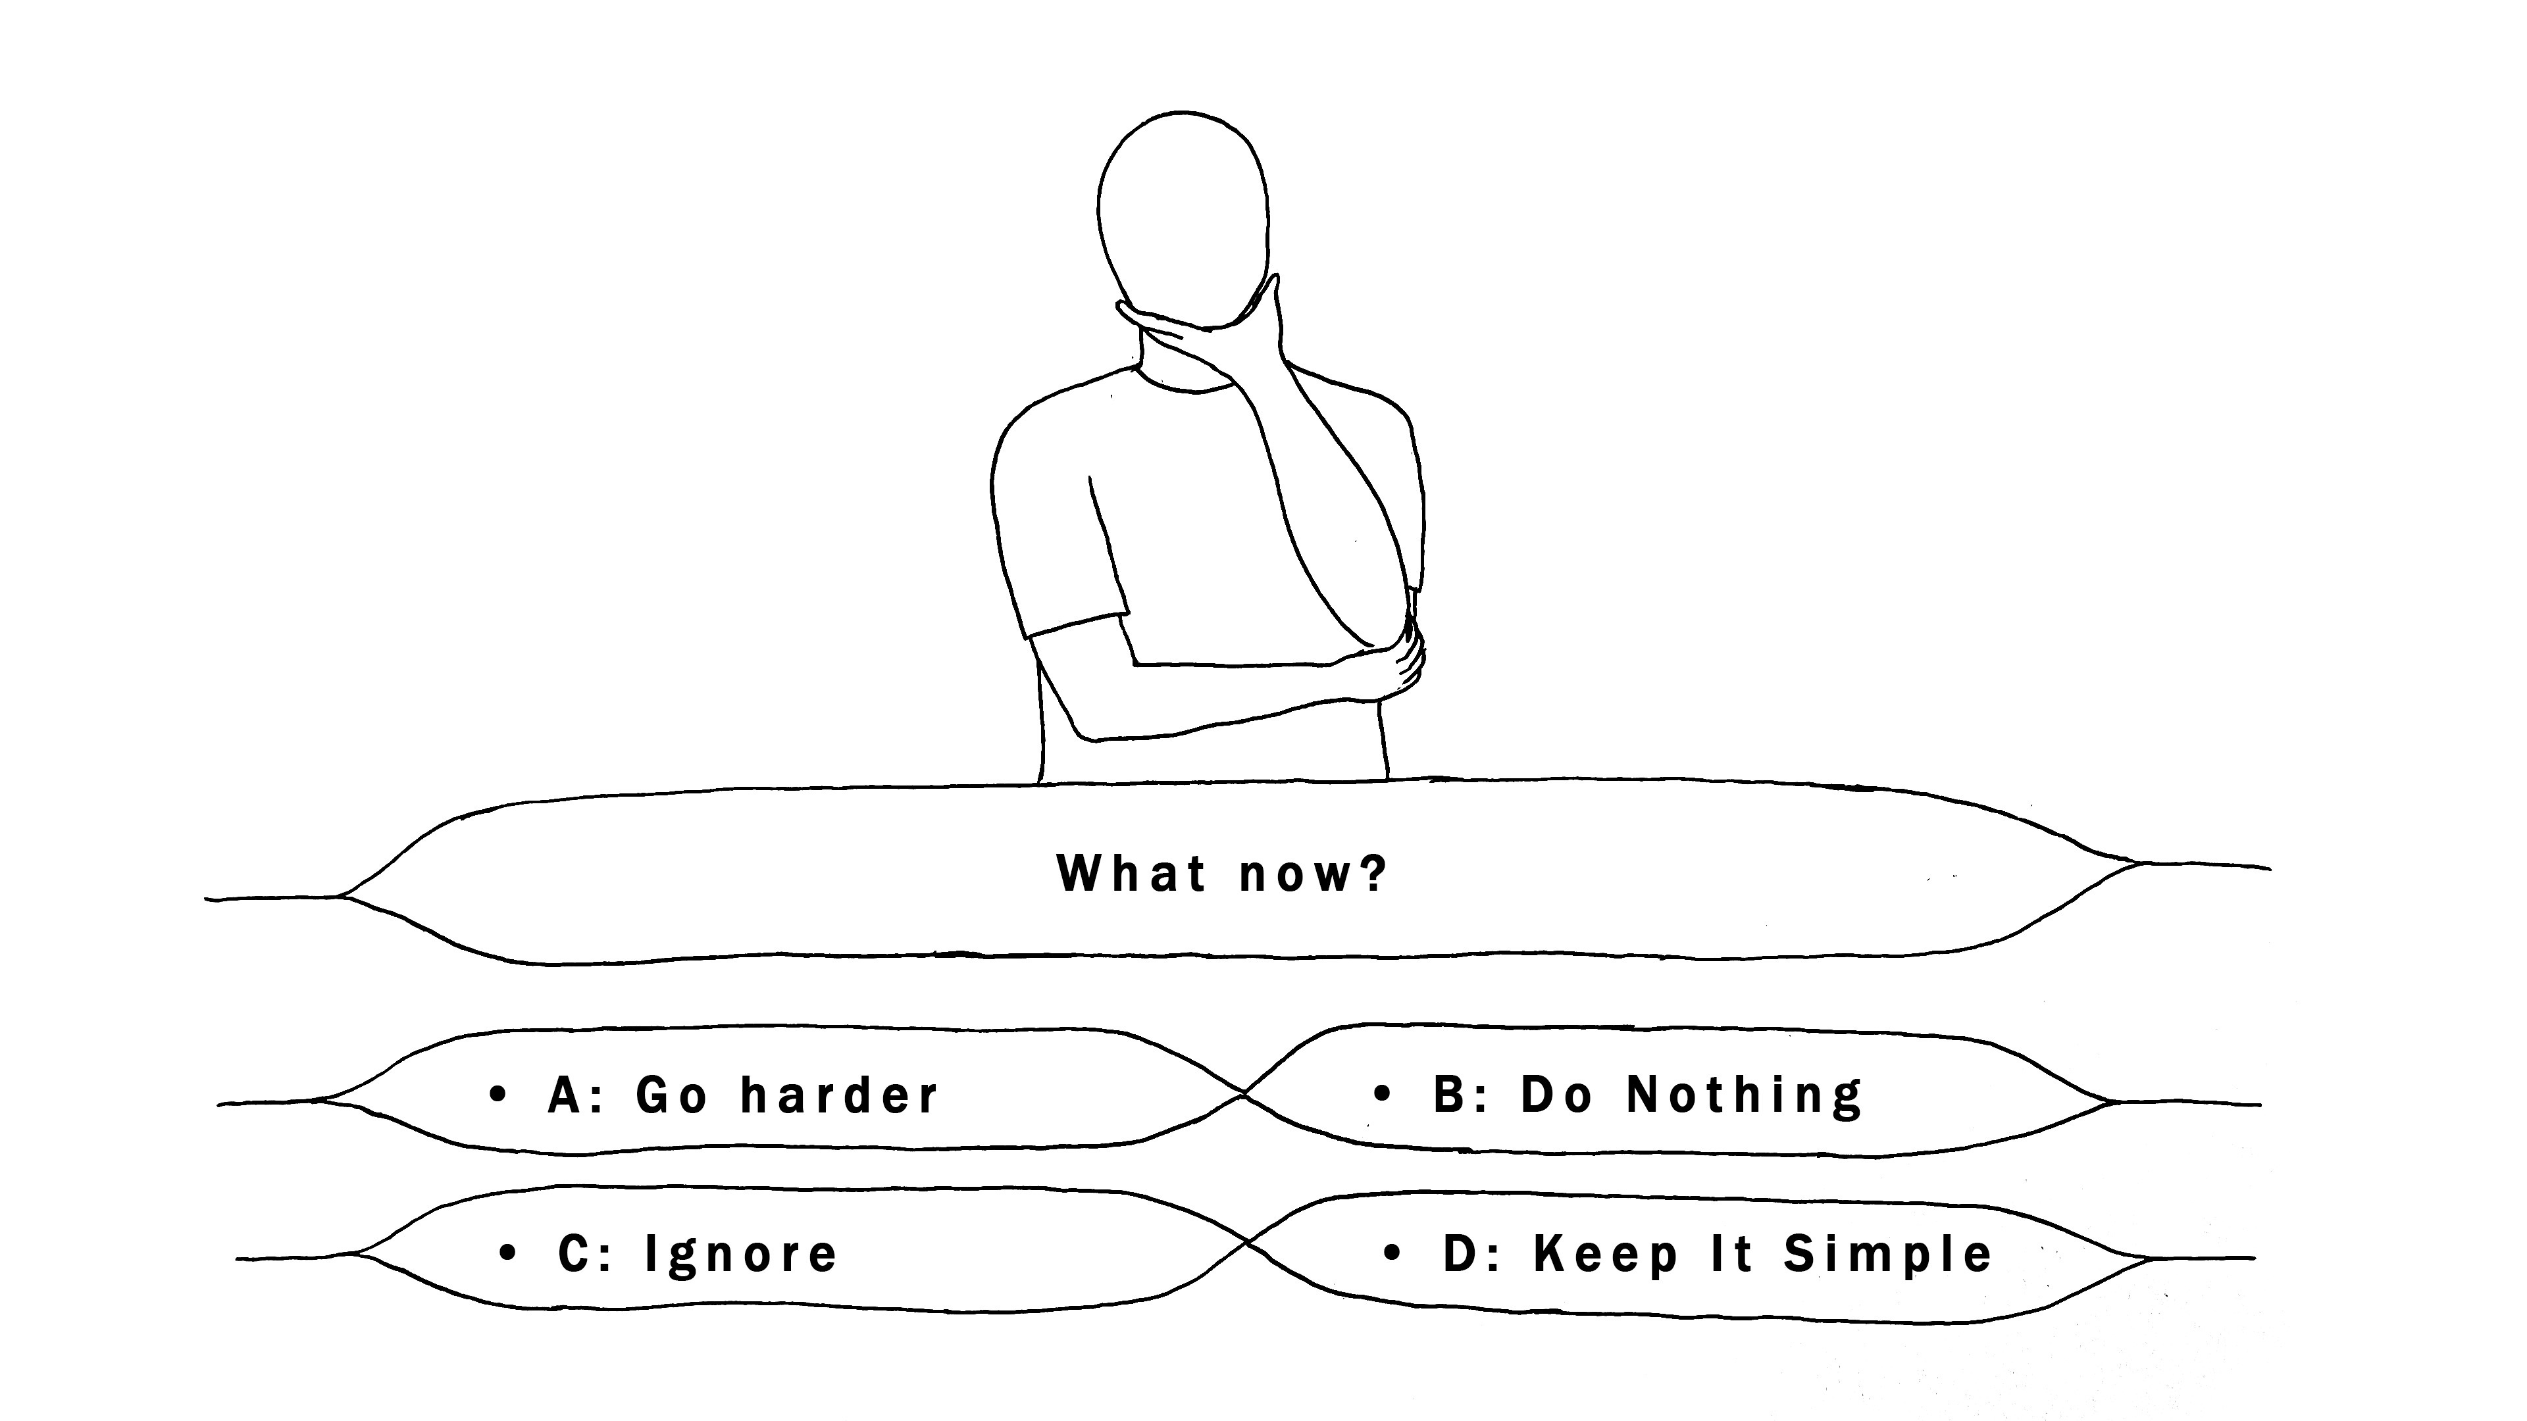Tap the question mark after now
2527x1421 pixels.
[x=1372, y=873]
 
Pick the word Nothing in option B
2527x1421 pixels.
[x=1745, y=1095]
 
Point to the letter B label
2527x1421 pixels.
[x=1451, y=1095]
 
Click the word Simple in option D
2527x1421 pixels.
[x=1889, y=1255]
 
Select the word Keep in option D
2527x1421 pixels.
[x=1606, y=1255]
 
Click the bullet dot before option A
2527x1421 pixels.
[x=498, y=1093]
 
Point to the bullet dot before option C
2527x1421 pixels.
[x=507, y=1253]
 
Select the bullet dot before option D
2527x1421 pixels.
[x=1392, y=1253]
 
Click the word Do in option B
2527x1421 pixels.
[x=1557, y=1095]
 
